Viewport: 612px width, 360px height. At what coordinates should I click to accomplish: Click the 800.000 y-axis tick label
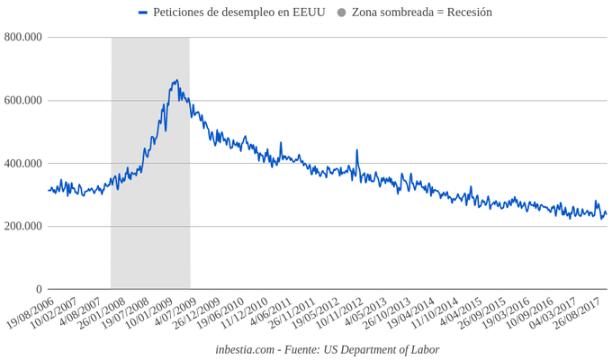23,37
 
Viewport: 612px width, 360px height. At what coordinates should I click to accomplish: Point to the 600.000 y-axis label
23,100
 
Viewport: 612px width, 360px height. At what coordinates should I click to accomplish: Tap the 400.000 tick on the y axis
23,163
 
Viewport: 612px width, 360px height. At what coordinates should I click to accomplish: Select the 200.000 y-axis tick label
23,226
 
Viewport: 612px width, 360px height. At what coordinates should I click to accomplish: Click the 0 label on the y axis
39,289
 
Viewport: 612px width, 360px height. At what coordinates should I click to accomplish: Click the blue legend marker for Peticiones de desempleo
143,13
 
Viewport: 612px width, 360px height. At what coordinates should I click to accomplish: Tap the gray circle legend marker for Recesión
342,13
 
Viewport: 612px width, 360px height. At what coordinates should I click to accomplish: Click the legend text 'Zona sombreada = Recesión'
422,13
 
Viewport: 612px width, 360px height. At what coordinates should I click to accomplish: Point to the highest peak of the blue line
176,81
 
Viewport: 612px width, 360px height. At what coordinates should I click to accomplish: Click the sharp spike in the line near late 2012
357,150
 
